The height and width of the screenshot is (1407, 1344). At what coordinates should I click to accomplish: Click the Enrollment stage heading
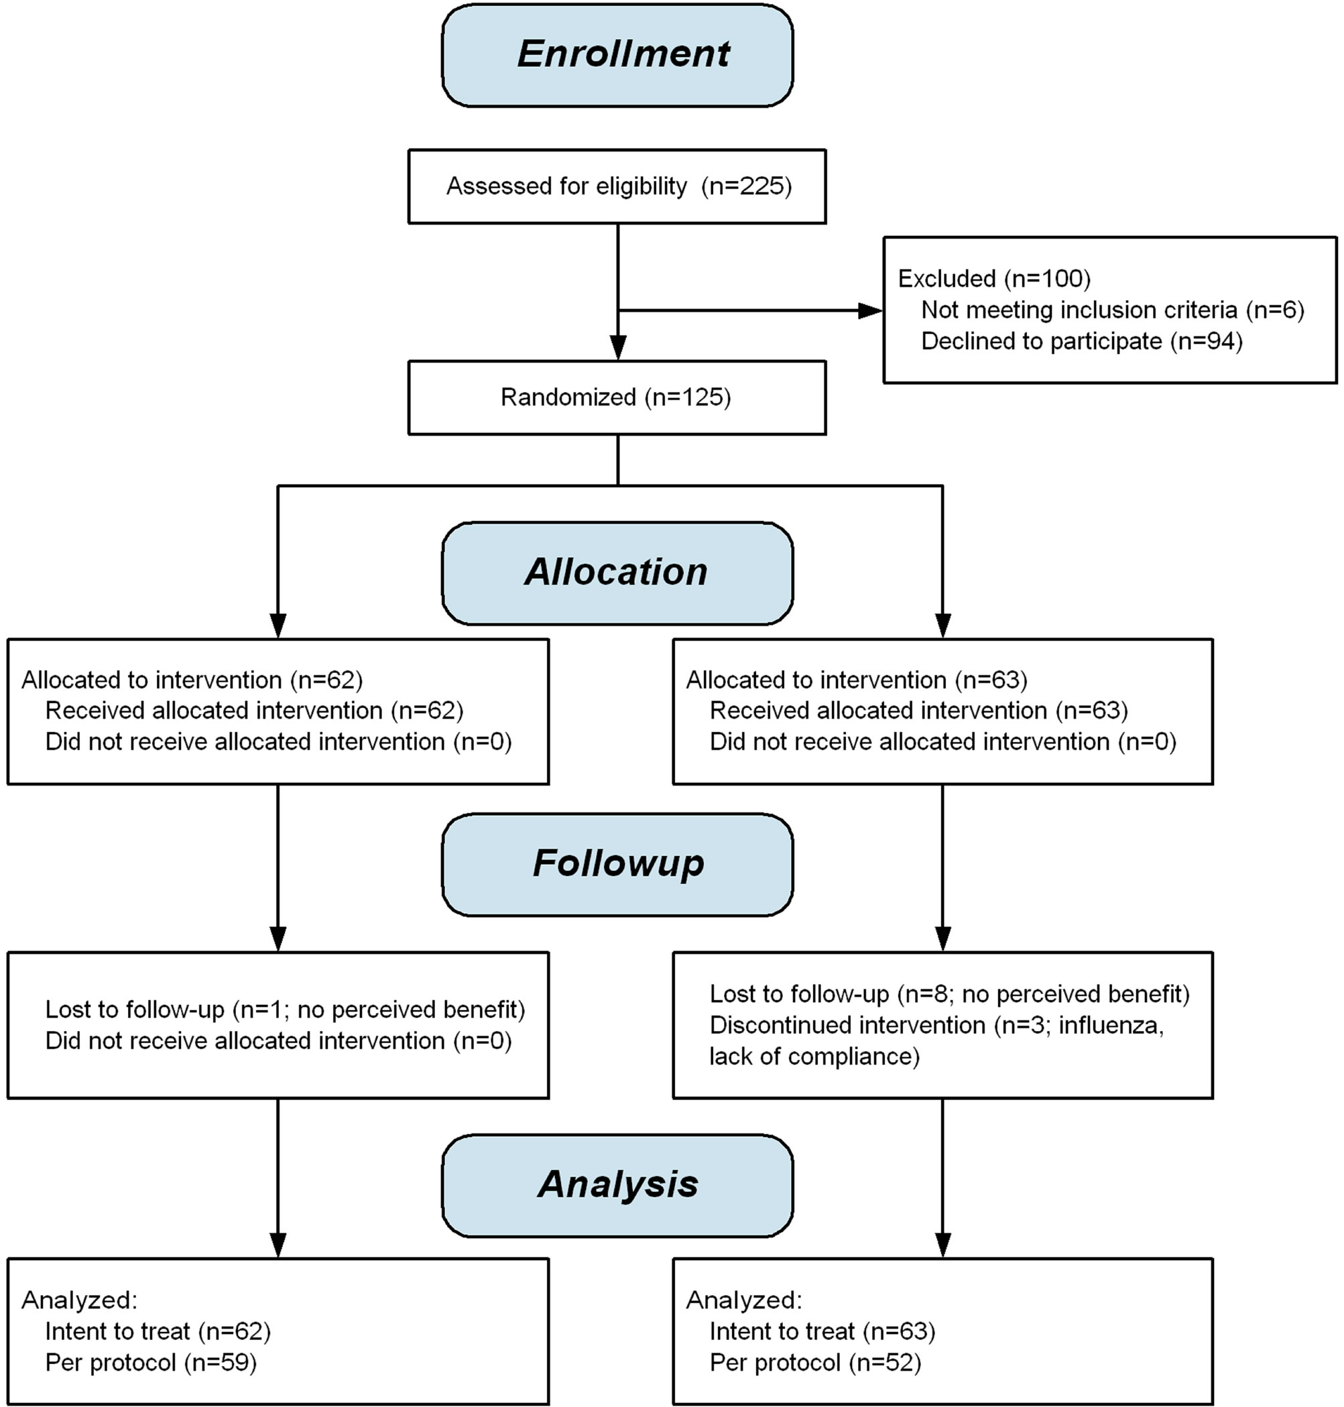click(x=623, y=54)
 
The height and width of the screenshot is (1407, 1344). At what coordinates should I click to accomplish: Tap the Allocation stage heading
click(x=616, y=572)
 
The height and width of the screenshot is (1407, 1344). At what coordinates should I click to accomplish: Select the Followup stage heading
click(x=618, y=863)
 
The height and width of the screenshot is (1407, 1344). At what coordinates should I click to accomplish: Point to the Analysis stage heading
click(x=617, y=1184)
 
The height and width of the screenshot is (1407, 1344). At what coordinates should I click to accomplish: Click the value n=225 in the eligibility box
click(x=747, y=186)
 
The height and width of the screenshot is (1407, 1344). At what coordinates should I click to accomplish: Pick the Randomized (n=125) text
click(x=616, y=397)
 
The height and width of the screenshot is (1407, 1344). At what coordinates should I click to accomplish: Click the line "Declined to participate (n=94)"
click(x=1082, y=341)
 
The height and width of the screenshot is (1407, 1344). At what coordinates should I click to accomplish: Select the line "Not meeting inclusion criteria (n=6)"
click(x=1113, y=310)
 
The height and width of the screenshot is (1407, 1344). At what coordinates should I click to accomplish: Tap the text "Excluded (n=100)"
click(x=994, y=279)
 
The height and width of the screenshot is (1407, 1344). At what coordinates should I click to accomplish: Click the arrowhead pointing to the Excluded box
click(x=871, y=310)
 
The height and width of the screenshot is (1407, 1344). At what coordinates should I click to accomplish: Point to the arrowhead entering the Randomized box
click(x=617, y=348)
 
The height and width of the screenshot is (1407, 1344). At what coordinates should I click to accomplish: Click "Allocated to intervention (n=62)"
click(x=192, y=680)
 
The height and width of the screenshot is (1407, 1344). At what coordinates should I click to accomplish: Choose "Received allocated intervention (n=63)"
click(x=919, y=711)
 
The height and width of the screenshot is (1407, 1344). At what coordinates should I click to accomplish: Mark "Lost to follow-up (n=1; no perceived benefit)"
click(x=285, y=1010)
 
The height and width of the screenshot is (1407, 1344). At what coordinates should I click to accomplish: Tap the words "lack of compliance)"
click(x=814, y=1056)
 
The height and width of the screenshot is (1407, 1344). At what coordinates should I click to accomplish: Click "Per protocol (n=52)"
click(x=815, y=1363)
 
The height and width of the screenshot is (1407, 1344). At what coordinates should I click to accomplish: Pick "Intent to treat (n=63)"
click(x=822, y=1332)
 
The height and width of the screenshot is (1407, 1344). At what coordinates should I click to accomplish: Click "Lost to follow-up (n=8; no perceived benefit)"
click(x=950, y=994)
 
